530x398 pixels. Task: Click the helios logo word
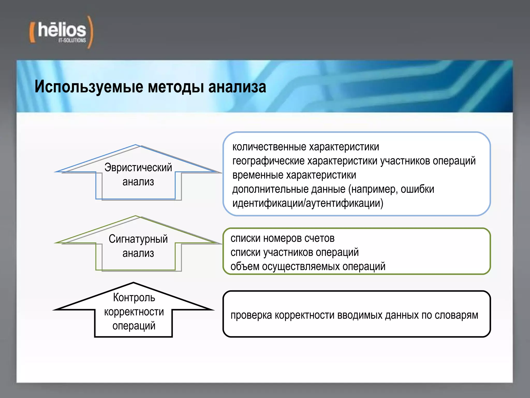point(62,30)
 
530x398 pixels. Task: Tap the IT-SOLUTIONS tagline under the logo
point(72,40)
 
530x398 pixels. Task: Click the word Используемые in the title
point(89,87)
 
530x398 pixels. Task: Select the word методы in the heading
point(176,87)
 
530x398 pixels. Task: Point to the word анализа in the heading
point(237,87)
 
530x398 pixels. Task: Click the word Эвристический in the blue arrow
point(138,168)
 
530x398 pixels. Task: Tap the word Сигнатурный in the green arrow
point(138,239)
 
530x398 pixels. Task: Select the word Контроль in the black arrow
point(134,297)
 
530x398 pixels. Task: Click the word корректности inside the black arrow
point(134,312)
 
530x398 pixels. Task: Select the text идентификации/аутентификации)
point(308,203)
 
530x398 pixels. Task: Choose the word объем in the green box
point(245,267)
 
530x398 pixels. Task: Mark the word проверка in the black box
point(251,315)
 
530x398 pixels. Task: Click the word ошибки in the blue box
point(417,189)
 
